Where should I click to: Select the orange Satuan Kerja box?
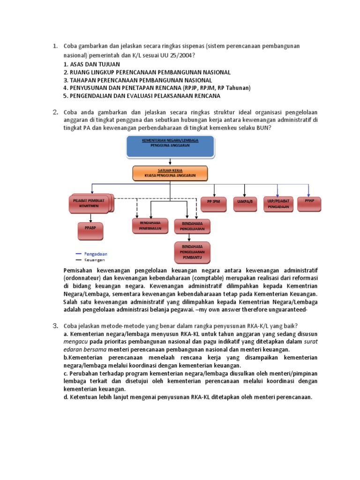pos(170,173)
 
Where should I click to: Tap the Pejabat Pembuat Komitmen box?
pos(89,203)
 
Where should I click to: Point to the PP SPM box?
pos(213,202)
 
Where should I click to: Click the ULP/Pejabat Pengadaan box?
pos(277,202)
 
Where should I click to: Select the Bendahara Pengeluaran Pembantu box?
pos(192,252)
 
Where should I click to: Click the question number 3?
pos(55,326)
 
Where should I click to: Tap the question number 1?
pos(55,46)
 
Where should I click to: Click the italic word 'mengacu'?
pos(75,342)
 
